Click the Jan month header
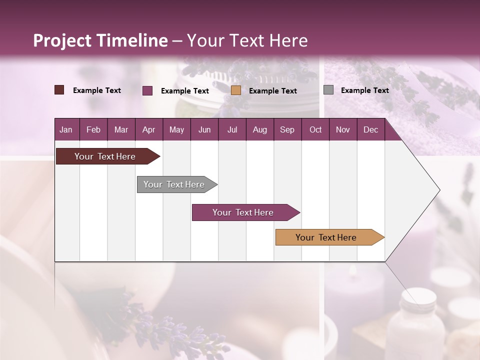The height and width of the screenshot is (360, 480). (x=66, y=129)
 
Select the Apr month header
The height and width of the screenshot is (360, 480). (x=148, y=129)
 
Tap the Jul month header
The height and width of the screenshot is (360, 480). (x=232, y=129)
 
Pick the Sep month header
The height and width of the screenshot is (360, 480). (x=287, y=129)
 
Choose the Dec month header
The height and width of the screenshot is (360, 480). (x=370, y=129)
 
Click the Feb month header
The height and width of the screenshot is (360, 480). (x=93, y=129)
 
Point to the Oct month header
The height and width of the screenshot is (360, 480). (x=315, y=129)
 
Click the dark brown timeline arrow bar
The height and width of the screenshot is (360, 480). (x=105, y=156)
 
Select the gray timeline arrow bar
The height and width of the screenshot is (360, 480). (x=174, y=184)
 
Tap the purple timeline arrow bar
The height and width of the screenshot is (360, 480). (x=243, y=212)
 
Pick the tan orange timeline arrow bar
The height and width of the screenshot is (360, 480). (x=326, y=237)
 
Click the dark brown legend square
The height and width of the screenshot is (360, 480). (x=59, y=90)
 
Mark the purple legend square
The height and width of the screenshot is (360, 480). (x=147, y=90)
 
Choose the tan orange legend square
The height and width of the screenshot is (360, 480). (x=236, y=90)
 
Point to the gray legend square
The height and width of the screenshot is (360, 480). (x=328, y=90)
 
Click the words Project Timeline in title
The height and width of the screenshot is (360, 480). (x=100, y=40)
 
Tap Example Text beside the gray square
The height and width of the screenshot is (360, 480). (x=364, y=90)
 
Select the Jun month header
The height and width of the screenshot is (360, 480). (x=204, y=129)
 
